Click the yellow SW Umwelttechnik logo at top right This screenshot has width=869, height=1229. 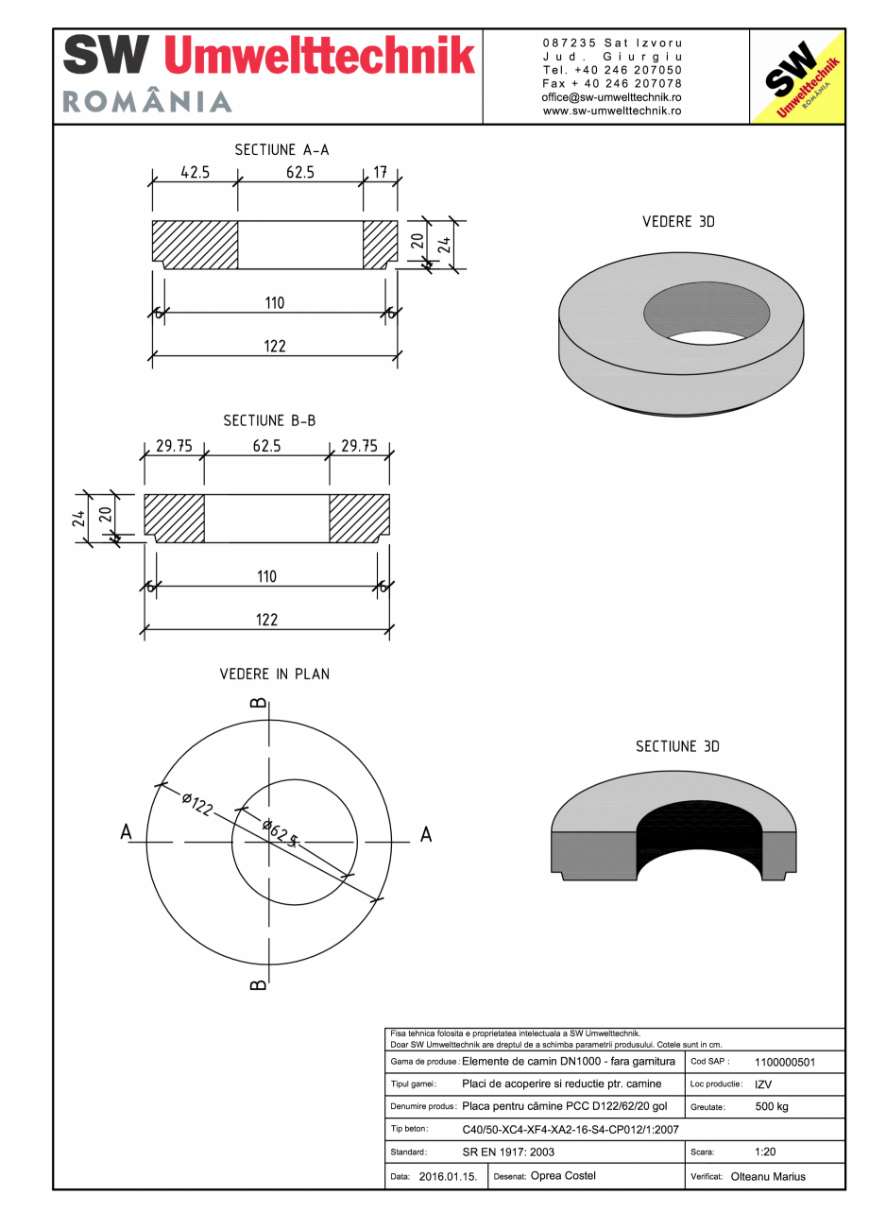796,77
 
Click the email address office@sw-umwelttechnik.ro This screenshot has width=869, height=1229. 611,97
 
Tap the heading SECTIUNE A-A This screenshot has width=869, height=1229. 281,149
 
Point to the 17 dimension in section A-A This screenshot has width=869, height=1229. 380,173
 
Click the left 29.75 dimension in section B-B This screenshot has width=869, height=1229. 174,446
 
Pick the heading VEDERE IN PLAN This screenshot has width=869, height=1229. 275,674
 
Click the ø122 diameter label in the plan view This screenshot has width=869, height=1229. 196,804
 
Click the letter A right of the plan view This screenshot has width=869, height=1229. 426,835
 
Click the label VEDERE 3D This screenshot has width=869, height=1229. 678,222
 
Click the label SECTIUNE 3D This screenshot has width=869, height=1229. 677,746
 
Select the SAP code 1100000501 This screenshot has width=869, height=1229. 785,1062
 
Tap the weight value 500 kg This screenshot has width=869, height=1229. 772,1106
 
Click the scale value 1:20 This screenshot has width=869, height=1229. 766,1152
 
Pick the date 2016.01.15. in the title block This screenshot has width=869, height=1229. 448,1177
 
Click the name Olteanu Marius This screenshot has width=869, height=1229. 768,1177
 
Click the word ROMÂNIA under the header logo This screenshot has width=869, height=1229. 147,102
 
